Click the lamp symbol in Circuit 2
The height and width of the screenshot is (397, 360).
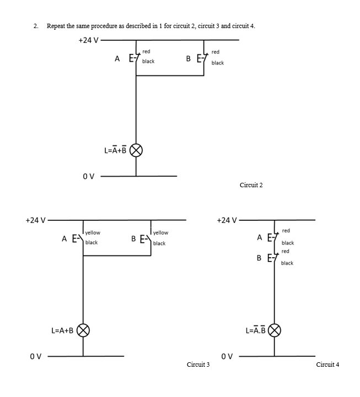pos(136,150)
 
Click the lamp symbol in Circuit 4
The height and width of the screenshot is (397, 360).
pos(275,330)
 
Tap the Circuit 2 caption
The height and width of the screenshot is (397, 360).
pos(251,185)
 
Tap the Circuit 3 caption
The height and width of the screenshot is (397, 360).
pos(198,365)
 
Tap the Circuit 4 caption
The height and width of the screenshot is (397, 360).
pos(327,365)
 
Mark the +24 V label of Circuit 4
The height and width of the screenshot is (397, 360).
pos(227,220)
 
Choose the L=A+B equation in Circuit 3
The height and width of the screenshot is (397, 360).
pos(62,331)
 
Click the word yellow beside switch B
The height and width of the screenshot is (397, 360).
pos(161,233)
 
